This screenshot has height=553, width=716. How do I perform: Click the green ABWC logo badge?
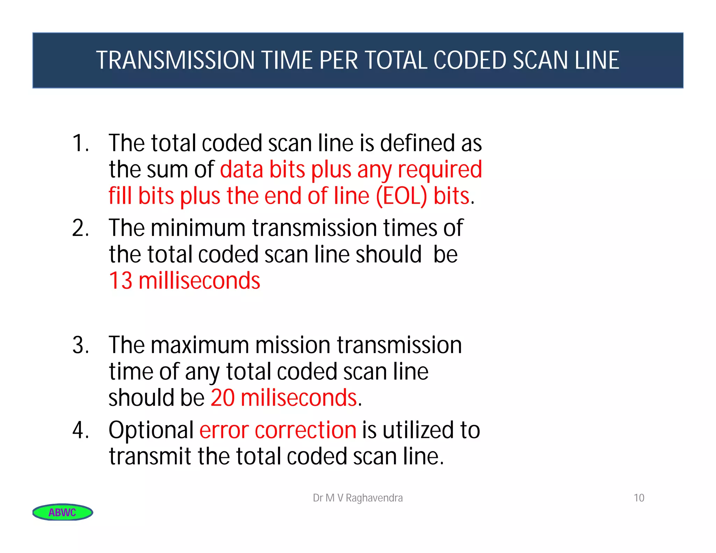(x=63, y=512)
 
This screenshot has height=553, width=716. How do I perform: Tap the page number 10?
(x=639, y=498)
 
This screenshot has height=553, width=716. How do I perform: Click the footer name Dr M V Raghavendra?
(x=358, y=498)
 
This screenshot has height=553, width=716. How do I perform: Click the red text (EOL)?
(x=401, y=196)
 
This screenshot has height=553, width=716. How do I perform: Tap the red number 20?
(x=222, y=398)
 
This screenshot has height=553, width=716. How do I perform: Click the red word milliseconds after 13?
(x=199, y=281)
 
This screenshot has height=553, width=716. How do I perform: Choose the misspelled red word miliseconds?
(x=299, y=398)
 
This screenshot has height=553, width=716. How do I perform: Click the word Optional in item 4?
(x=151, y=430)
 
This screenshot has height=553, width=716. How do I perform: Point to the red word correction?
(x=306, y=430)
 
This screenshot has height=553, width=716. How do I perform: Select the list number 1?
(x=80, y=143)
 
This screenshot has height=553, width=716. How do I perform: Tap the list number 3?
(x=80, y=345)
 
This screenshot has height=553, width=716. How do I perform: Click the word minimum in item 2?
(x=198, y=228)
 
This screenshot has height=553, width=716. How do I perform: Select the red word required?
(x=440, y=170)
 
